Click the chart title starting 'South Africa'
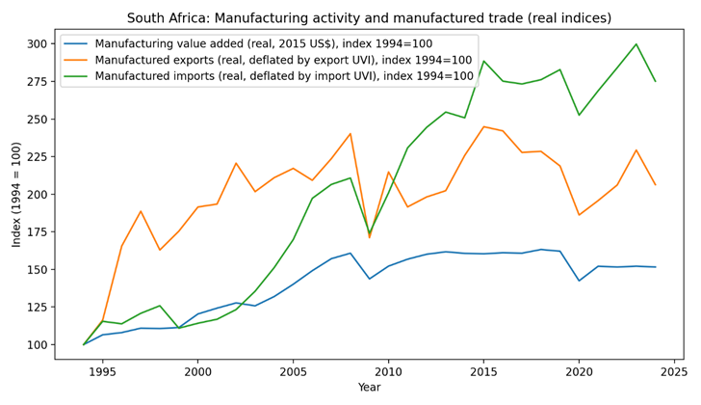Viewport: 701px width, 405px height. click(x=369, y=18)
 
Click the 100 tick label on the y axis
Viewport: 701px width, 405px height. click(x=37, y=345)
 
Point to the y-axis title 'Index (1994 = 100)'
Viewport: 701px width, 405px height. click(x=17, y=194)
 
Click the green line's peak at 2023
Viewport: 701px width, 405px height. click(x=636, y=44)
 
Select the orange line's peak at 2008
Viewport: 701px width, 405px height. click(x=350, y=134)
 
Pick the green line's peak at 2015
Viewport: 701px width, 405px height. click(x=483, y=62)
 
